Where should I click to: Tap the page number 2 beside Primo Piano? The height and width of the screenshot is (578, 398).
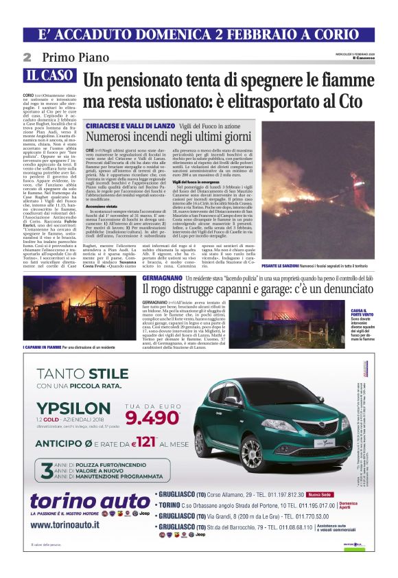pos(27,57)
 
